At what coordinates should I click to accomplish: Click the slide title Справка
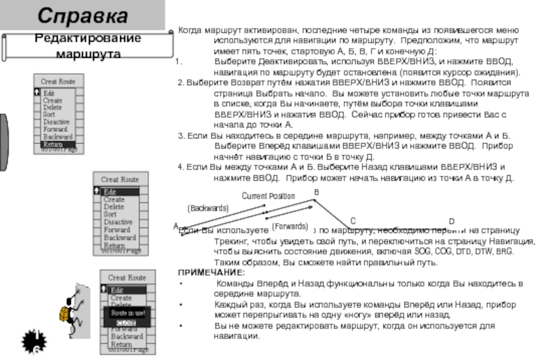pos(82,15)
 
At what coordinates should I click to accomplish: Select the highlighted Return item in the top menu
pos(53,144)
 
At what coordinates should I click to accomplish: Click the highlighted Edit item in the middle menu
pos(109,192)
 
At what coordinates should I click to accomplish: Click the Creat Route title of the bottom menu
pos(126,278)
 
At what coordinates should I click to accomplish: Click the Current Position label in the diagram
pos(268,196)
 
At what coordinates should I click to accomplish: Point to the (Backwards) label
pos(209,208)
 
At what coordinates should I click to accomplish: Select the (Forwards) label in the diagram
pos(289,227)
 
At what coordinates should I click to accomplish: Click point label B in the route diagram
pos(316,192)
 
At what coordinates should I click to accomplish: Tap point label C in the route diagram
pos(353,220)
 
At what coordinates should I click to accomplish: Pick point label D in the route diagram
pos(451,221)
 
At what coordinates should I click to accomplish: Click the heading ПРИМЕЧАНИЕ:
pos(211,273)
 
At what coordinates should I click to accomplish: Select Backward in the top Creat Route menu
pos(57,137)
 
